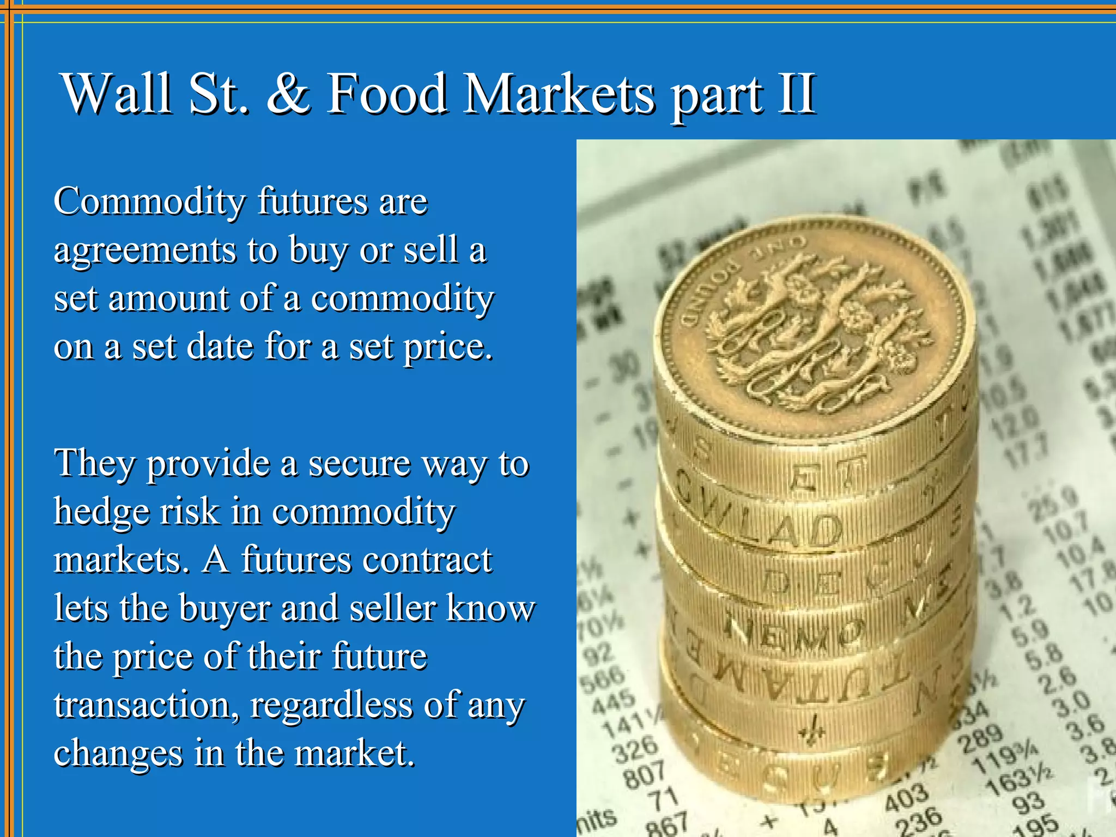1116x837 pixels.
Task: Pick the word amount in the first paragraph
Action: pos(168,299)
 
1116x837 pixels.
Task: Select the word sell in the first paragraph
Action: pos(430,250)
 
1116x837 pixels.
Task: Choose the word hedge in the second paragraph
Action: pos(101,512)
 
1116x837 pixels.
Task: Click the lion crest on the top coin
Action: pos(817,332)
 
